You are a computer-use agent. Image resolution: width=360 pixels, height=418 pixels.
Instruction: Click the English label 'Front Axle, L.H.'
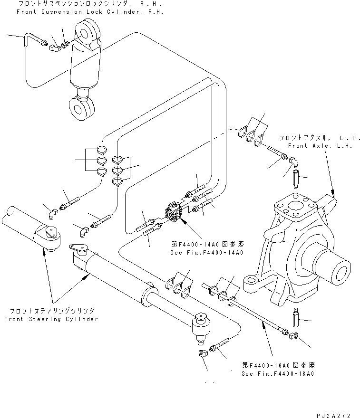point(320,146)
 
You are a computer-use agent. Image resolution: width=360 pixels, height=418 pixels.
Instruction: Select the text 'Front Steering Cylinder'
point(51,319)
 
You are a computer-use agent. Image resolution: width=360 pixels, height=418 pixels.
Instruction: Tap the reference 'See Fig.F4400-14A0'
point(206,252)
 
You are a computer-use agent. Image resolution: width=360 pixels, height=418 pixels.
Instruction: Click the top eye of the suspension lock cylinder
point(88,34)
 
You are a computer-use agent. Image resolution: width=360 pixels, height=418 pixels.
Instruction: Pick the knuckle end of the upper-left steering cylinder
point(49,236)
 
